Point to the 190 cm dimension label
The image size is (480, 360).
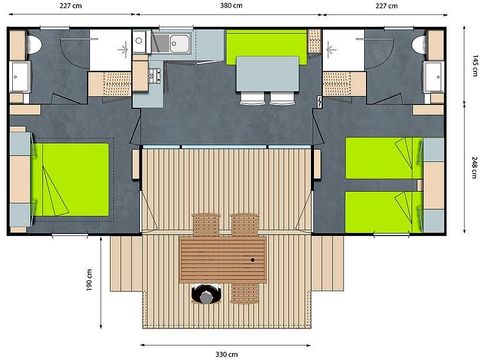click(x=90, y=282)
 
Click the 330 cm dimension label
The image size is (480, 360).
click(x=226, y=353)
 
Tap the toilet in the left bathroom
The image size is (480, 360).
click(x=33, y=45)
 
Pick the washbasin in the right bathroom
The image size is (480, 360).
click(x=433, y=78)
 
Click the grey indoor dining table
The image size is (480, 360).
click(x=267, y=74)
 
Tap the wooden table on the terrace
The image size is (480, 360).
click(x=222, y=259)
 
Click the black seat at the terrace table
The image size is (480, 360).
click(x=207, y=295)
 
